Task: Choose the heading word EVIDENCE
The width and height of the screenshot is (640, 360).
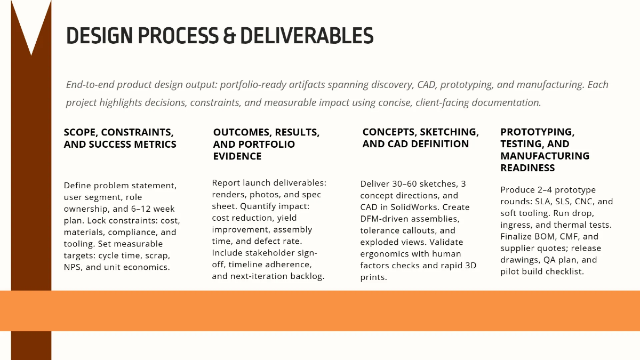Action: pos(237,156)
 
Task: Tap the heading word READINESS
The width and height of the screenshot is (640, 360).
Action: pos(527,168)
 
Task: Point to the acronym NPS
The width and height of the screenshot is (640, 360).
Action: pos(74,267)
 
